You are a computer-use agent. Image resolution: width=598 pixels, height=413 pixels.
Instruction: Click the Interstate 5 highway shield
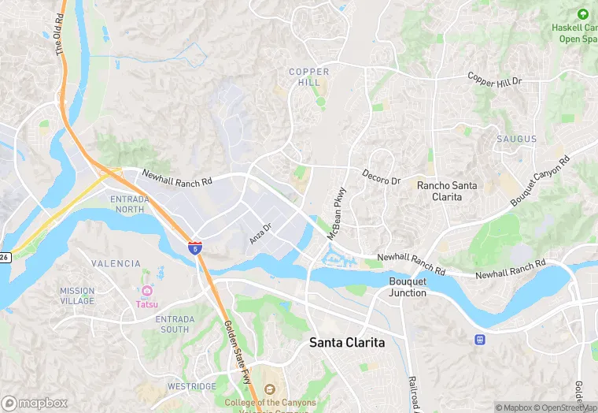(194, 247)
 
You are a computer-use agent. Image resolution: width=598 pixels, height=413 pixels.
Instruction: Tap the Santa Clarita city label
(347, 343)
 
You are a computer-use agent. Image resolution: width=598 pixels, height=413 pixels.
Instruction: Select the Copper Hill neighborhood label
(308, 77)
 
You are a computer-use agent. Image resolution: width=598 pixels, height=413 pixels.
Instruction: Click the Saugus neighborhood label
(516, 140)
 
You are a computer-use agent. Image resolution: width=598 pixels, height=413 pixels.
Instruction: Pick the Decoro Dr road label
(382, 178)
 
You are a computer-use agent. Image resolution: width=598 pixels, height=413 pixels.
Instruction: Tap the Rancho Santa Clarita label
(447, 191)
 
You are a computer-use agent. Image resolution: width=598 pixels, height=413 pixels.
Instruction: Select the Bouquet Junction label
(408, 287)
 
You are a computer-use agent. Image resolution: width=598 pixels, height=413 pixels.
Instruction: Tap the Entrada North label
(127, 204)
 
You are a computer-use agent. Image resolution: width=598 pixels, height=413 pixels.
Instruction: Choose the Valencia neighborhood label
(116, 264)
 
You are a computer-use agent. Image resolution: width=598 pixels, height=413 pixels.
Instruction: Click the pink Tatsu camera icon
(146, 291)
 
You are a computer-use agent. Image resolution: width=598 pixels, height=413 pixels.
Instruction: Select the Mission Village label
(77, 296)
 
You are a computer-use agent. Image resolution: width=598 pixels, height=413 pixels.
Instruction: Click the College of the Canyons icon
(269, 390)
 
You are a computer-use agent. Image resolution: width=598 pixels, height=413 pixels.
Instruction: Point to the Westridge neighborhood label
(191, 387)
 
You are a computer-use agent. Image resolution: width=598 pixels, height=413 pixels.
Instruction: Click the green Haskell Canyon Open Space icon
(582, 14)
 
